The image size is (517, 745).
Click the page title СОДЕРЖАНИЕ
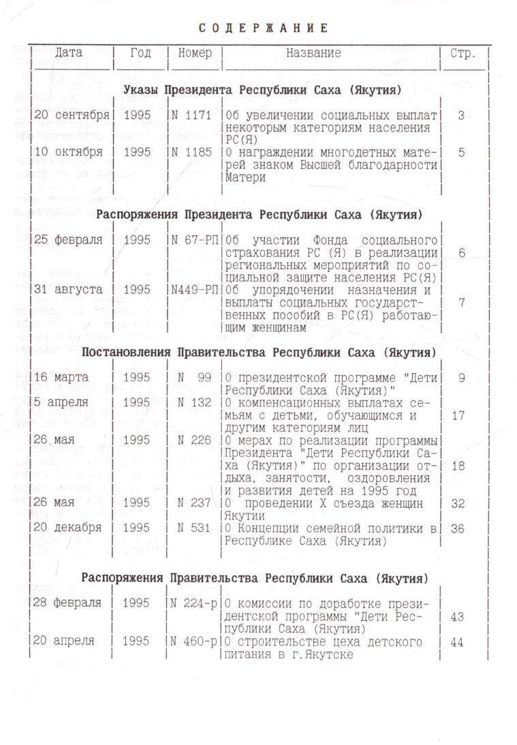pos(264,28)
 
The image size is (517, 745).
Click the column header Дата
pos(69,52)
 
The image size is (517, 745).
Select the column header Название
pos(313,52)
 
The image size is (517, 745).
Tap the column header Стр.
pos(463,53)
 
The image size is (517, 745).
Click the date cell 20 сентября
pos(72,115)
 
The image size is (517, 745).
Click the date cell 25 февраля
pos(68,240)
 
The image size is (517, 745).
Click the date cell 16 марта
pos(61,377)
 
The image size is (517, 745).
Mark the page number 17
pos(458,415)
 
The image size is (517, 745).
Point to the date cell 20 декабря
pos(68,528)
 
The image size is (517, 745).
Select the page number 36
pos(458,528)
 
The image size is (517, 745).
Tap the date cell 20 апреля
pos(65,641)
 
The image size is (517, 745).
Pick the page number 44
pos(457,641)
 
